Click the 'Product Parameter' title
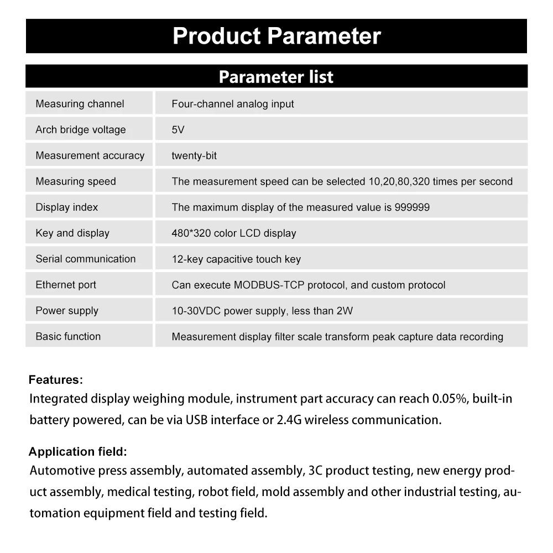click(276, 36)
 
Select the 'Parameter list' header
click(276, 76)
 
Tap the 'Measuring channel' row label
click(80, 104)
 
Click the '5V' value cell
click(178, 130)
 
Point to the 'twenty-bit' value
click(194, 156)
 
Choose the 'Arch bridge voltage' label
click(81, 130)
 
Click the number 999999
click(412, 207)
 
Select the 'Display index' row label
click(67, 207)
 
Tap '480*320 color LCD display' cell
click(234, 233)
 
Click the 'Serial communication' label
click(86, 259)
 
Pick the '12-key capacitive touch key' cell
click(236, 259)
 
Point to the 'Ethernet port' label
click(66, 285)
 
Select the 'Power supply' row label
click(67, 311)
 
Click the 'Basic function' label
click(68, 336)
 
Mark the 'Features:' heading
click(56, 380)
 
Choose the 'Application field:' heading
click(78, 452)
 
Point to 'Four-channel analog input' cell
click(233, 104)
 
